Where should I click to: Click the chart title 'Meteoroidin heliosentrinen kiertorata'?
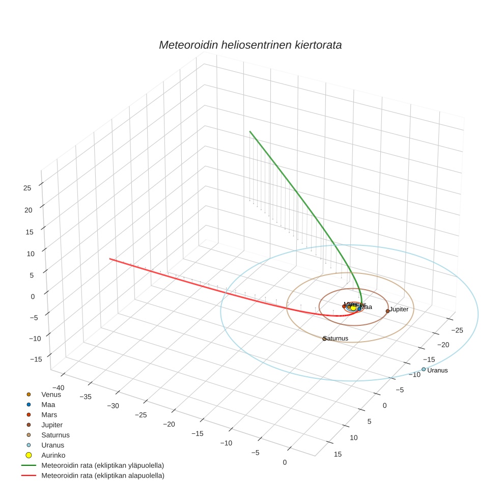(x=250, y=45)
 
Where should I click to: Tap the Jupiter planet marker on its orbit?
(x=387, y=311)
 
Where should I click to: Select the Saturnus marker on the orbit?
(x=324, y=339)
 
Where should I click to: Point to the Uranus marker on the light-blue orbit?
(x=424, y=369)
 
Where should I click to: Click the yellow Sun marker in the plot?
(x=353, y=308)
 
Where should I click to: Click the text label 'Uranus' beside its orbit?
(x=437, y=371)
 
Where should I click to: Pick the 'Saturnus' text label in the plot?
(x=336, y=338)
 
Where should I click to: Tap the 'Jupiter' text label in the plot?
(x=399, y=309)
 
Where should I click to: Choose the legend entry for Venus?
(x=51, y=394)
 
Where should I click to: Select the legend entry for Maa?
(x=48, y=404)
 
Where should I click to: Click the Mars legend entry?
(x=49, y=414)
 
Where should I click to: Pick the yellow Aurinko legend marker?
(x=29, y=455)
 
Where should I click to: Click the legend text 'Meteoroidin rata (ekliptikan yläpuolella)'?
(x=102, y=465)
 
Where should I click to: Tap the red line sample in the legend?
(x=29, y=476)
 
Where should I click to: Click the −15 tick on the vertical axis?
(x=36, y=359)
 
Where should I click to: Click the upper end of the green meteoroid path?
(x=250, y=131)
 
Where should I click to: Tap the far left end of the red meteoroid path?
(x=110, y=259)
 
